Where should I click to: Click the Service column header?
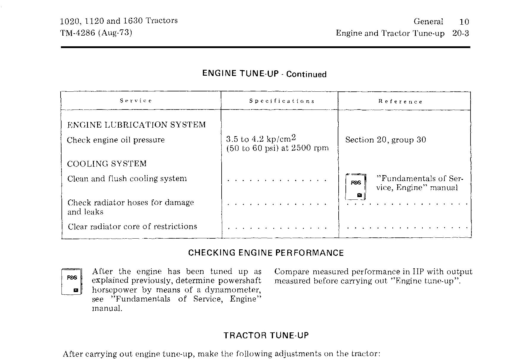[x=136, y=101]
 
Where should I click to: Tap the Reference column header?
[x=400, y=102]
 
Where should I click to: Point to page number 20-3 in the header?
[x=460, y=33]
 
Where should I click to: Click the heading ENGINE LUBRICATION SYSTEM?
[x=136, y=125]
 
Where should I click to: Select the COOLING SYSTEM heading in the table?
[x=107, y=164]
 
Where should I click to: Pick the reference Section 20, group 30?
[x=385, y=140]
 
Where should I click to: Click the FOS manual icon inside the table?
[x=356, y=187]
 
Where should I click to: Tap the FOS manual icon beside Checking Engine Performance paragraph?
[x=72, y=281]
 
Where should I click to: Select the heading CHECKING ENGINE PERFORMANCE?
[x=266, y=253]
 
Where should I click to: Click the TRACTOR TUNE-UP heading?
[x=266, y=335]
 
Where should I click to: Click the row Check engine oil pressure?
[x=116, y=140]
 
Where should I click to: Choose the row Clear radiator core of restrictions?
[x=132, y=226]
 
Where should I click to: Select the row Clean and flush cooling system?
[x=127, y=179]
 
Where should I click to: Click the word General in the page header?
[x=428, y=21]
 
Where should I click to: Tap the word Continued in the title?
[x=306, y=74]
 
